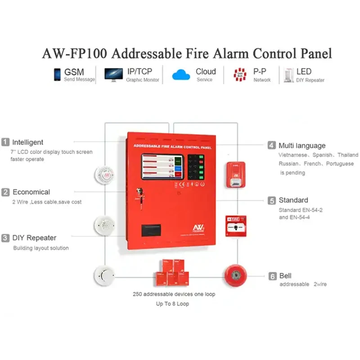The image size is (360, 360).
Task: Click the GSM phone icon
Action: (x=57, y=75)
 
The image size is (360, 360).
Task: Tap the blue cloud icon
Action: (x=182, y=75)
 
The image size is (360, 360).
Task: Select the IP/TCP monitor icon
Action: (x=113, y=75)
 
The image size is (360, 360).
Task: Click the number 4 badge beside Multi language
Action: (x=271, y=145)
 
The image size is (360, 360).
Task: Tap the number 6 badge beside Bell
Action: (x=272, y=276)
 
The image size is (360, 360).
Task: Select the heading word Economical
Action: (x=31, y=192)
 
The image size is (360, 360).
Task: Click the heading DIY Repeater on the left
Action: (x=34, y=238)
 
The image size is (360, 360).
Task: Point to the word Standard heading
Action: (x=293, y=200)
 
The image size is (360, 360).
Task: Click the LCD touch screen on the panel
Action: (x=163, y=167)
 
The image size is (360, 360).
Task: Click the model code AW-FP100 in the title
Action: (x=74, y=54)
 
